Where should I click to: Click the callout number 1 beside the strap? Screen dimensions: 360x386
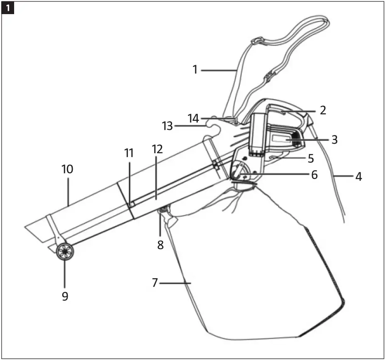coord(195,70)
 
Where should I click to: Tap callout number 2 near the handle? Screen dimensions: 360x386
coord(322,110)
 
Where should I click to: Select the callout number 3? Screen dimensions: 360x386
coord(334,140)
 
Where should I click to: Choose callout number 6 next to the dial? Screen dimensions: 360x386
coord(314,175)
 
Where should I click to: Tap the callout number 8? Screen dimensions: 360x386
coord(160,245)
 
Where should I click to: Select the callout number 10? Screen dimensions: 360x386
coord(67,169)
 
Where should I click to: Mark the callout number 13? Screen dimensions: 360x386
coord(167,126)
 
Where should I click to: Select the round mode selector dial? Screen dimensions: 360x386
coord(241,171)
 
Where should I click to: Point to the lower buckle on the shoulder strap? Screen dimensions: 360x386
coord(269,76)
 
